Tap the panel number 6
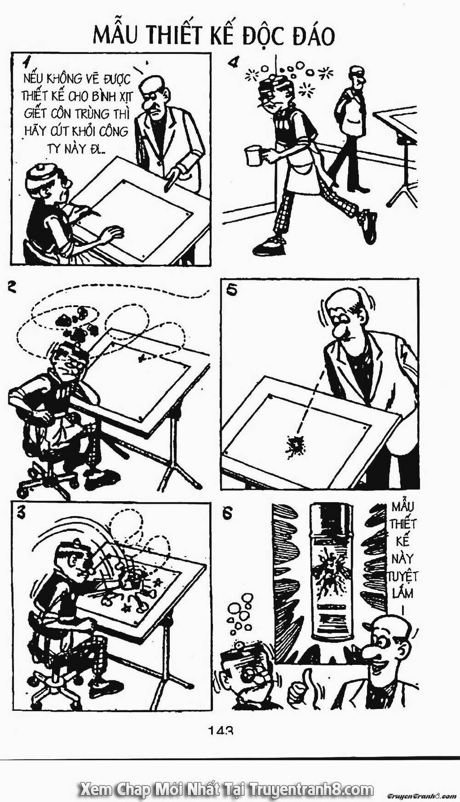pos(227,514)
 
